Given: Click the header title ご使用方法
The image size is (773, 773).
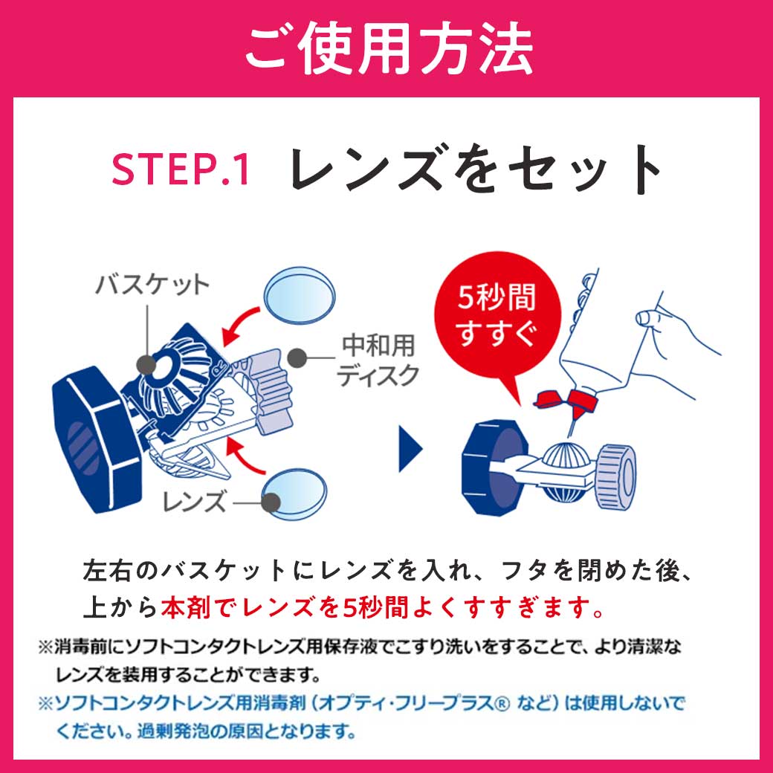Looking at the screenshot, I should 386,49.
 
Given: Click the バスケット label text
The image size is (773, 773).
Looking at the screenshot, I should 152,285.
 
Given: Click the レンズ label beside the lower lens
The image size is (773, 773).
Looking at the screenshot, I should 194,502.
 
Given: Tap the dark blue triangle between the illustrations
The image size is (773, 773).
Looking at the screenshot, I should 410,448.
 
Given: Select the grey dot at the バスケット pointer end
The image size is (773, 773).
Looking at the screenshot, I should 146,363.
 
